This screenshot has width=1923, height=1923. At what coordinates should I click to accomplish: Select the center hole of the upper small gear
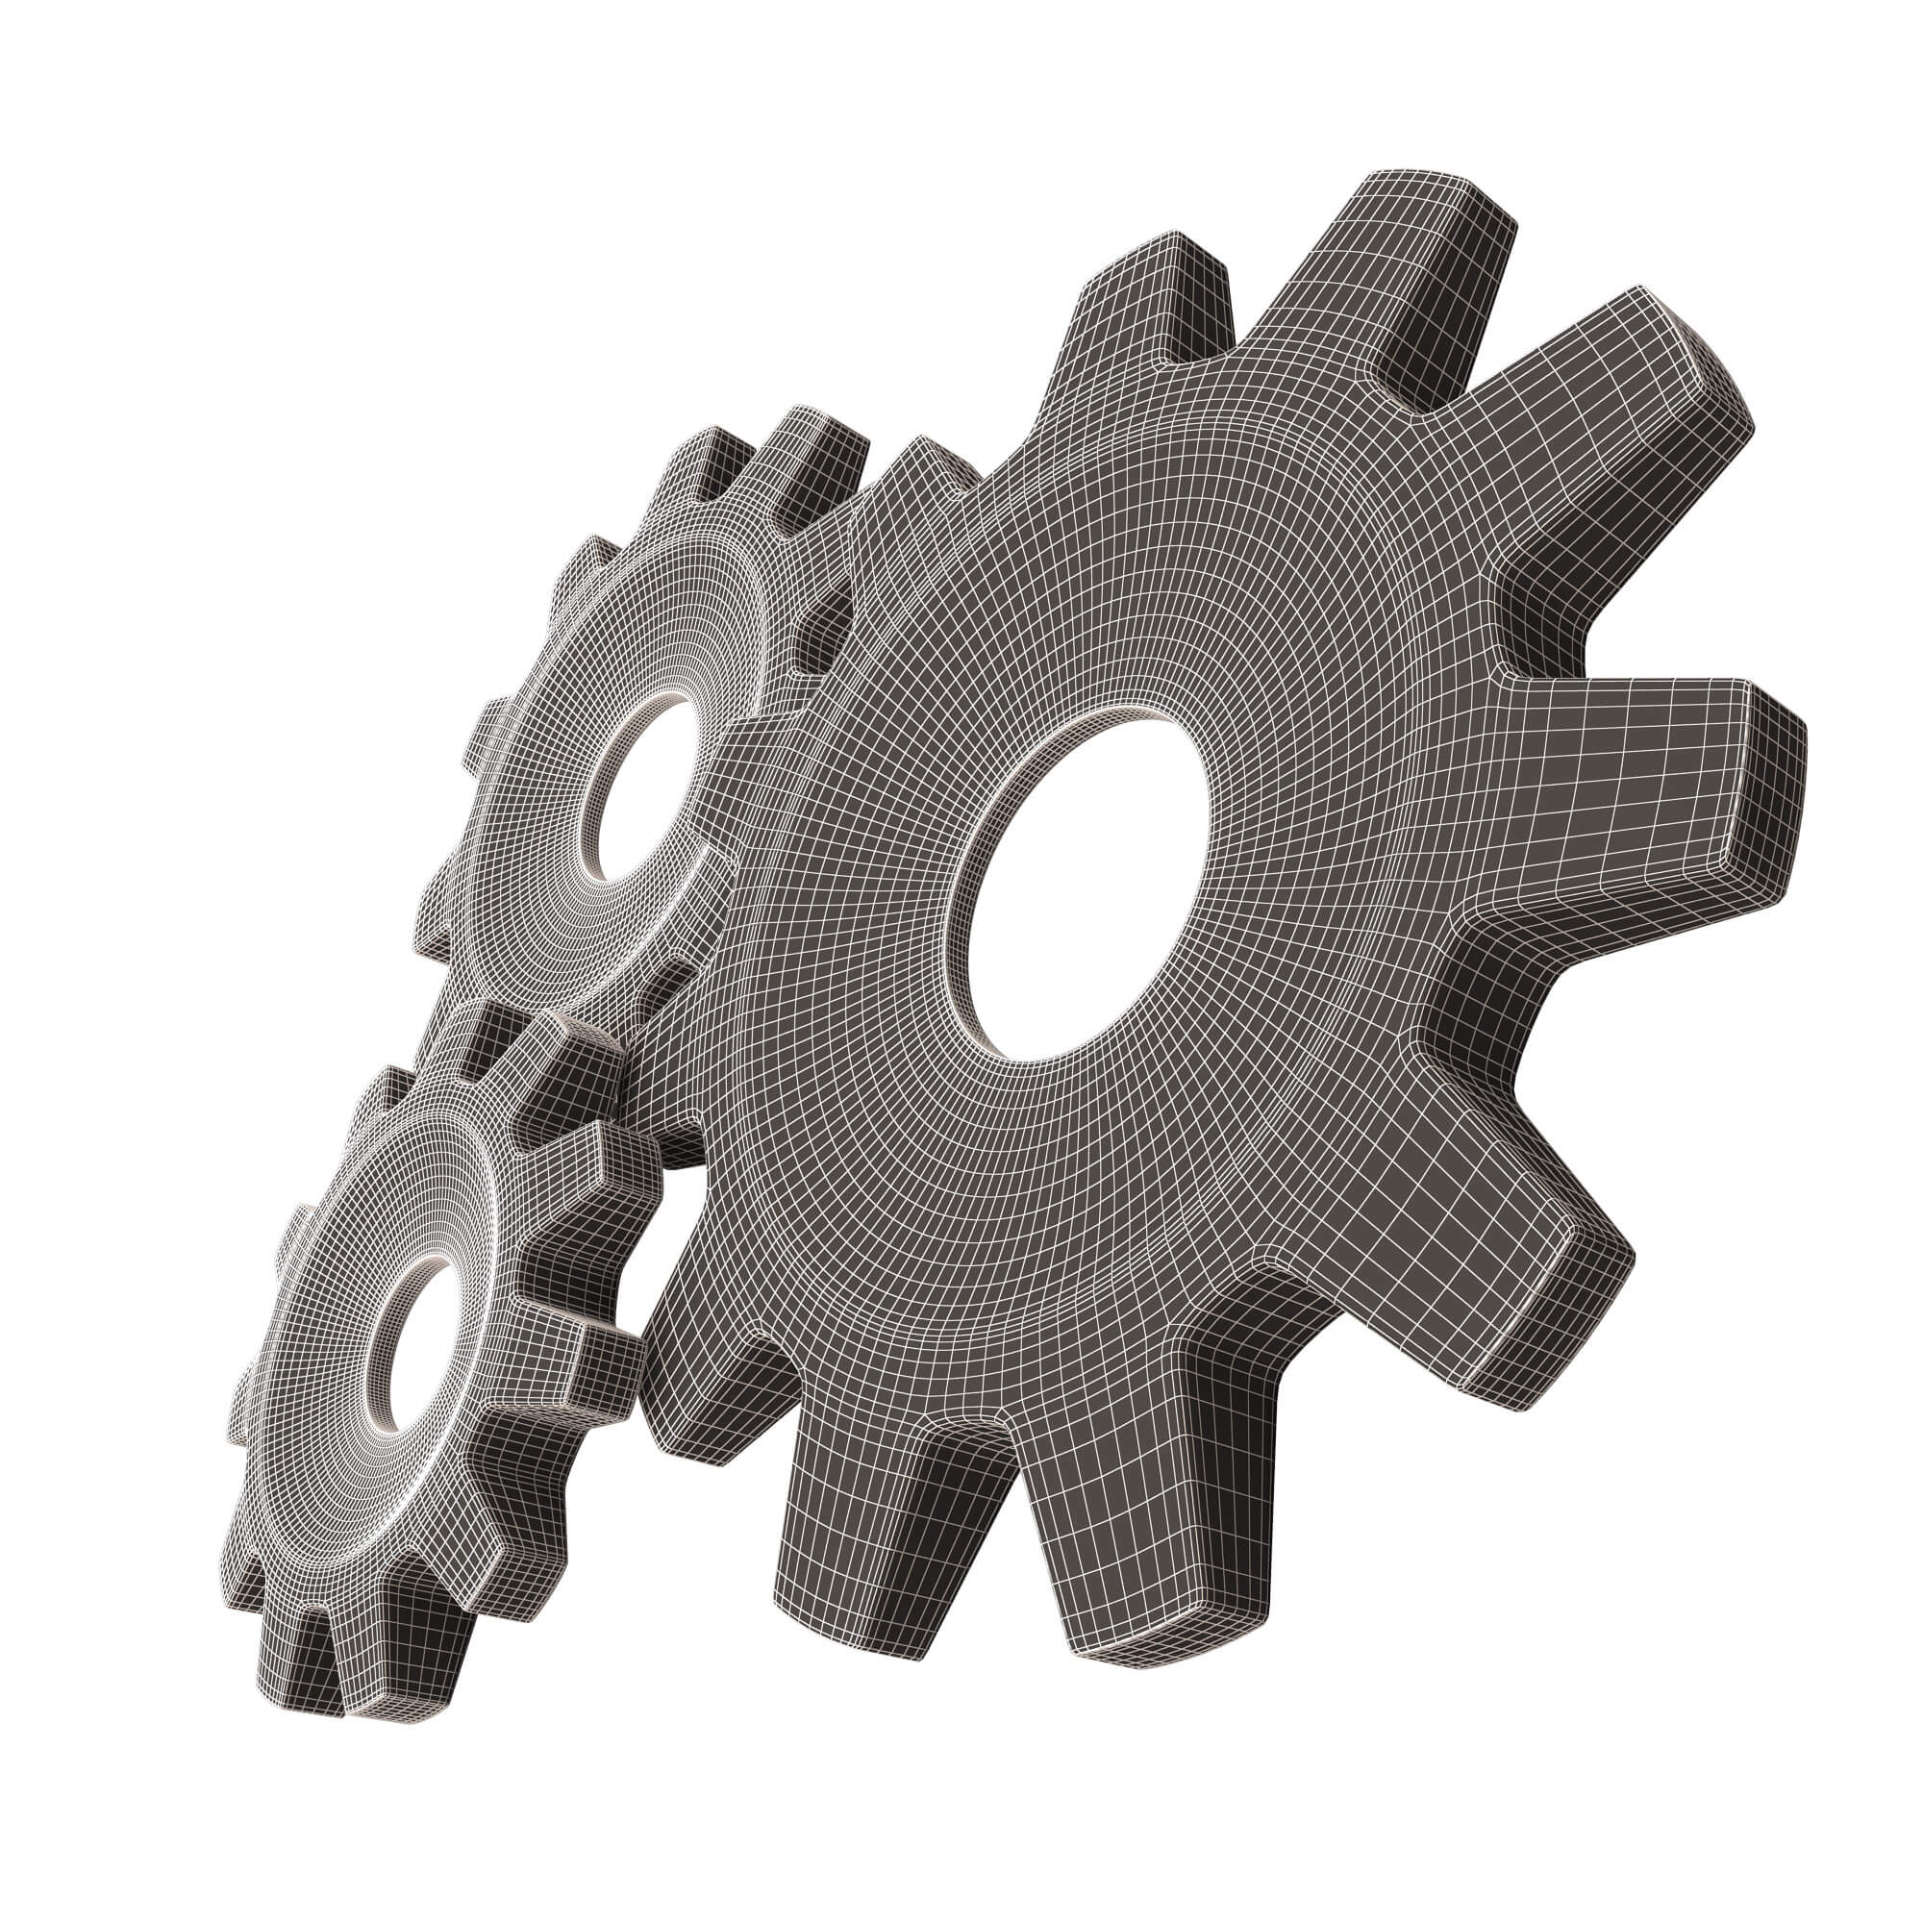coord(637,787)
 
